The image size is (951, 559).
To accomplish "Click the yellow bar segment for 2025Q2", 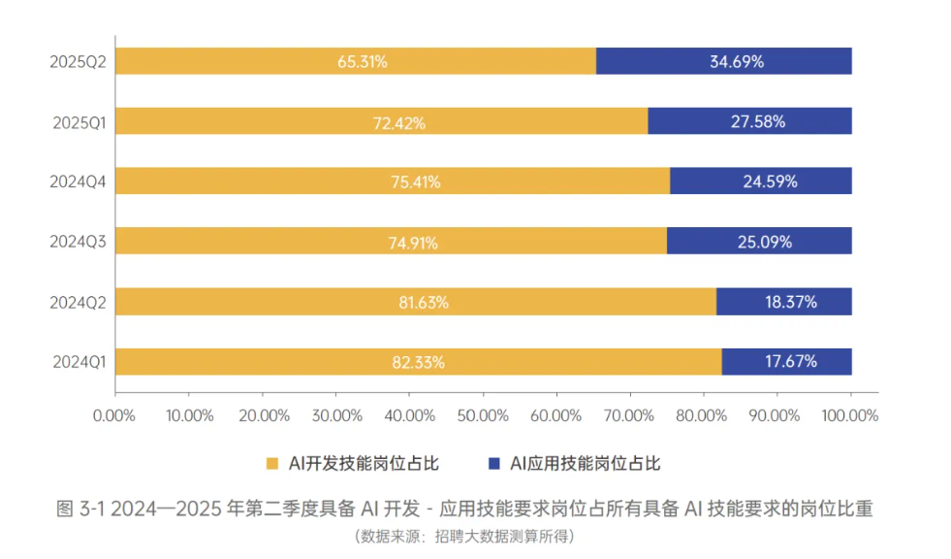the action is [x=356, y=61].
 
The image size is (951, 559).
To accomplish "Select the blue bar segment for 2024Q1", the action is [x=786, y=362].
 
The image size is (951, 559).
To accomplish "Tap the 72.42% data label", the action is [x=399, y=123].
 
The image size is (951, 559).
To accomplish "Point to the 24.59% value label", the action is [x=771, y=181].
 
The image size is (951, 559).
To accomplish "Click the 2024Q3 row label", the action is [x=78, y=242].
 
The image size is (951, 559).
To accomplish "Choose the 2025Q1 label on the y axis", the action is [x=79, y=122].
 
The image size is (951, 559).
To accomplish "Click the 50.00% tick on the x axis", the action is [x=483, y=415].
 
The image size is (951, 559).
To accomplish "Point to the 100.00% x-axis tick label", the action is [x=850, y=415].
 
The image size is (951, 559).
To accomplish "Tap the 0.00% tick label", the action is [x=114, y=415].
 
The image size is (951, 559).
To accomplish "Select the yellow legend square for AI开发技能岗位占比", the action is [x=272, y=464].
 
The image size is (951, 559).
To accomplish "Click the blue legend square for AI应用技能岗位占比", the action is [x=494, y=464].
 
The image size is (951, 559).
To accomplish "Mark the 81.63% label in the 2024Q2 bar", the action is [x=424, y=302].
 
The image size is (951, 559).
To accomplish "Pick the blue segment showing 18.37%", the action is [x=784, y=302].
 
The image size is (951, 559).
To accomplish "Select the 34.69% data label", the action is [x=737, y=61].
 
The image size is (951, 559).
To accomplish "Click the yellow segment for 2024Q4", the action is [x=393, y=181].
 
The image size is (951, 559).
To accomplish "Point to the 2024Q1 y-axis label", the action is [x=79, y=362].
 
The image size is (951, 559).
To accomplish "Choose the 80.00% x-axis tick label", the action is [x=701, y=415].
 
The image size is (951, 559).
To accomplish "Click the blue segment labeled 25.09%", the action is [x=759, y=241].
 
